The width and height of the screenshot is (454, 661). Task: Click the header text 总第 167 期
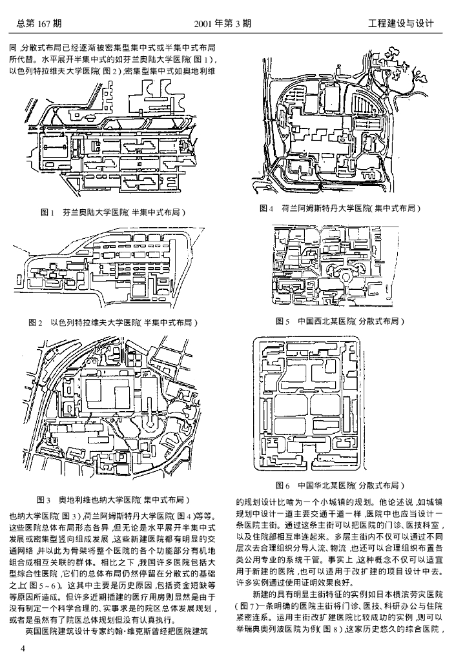point(39,24)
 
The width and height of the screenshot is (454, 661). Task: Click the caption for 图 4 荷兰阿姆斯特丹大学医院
point(340,208)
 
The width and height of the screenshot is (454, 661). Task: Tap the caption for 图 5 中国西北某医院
point(340,321)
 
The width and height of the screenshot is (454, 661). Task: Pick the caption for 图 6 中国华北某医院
point(340,484)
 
